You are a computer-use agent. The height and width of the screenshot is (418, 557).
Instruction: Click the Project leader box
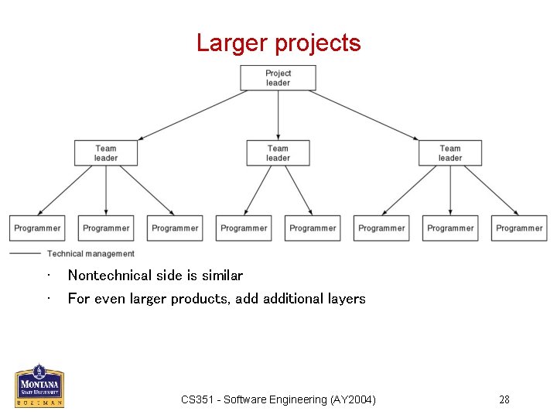click(x=278, y=77)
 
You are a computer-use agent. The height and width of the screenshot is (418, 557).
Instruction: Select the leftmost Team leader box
click(x=106, y=152)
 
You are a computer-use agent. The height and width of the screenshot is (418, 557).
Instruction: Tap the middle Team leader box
click(x=278, y=152)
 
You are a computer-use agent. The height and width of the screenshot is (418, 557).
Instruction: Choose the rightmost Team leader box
click(x=450, y=152)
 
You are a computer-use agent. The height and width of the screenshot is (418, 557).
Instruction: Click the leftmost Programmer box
click(x=37, y=228)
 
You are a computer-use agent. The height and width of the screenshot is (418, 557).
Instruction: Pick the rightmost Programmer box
click(x=519, y=228)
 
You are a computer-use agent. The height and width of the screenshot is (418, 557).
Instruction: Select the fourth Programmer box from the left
click(x=244, y=228)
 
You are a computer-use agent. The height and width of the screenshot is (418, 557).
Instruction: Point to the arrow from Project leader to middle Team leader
click(x=278, y=115)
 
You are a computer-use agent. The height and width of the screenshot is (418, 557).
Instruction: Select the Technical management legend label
click(x=91, y=254)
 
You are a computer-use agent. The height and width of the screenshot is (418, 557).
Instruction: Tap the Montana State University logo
click(x=39, y=385)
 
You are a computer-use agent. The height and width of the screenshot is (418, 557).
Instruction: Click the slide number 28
click(x=504, y=399)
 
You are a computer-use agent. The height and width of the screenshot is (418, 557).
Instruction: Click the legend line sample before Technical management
click(x=25, y=254)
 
